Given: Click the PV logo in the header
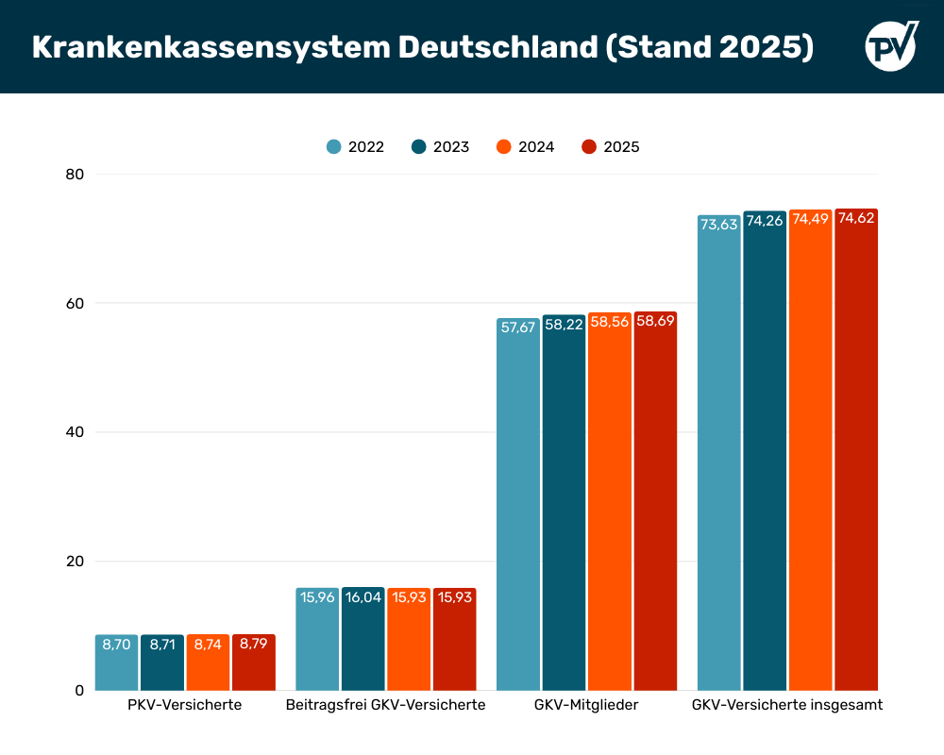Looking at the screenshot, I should pyautogui.click(x=891, y=45).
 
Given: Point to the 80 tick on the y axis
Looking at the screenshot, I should pyautogui.click(x=75, y=175).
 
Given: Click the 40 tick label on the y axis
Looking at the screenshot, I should pyautogui.click(x=75, y=432).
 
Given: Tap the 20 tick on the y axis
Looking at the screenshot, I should pyautogui.click(x=75, y=562).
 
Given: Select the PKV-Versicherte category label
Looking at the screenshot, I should pyautogui.click(x=185, y=705).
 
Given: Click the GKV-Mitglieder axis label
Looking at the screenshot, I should pyautogui.click(x=586, y=705).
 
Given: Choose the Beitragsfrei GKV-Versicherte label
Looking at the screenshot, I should pyautogui.click(x=385, y=705).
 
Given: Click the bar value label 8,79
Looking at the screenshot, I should pyautogui.click(x=254, y=645).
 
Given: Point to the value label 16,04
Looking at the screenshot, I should pyautogui.click(x=362, y=597).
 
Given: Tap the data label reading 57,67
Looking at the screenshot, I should pyautogui.click(x=517, y=327).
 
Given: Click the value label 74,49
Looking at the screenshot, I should pyautogui.click(x=810, y=219).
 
